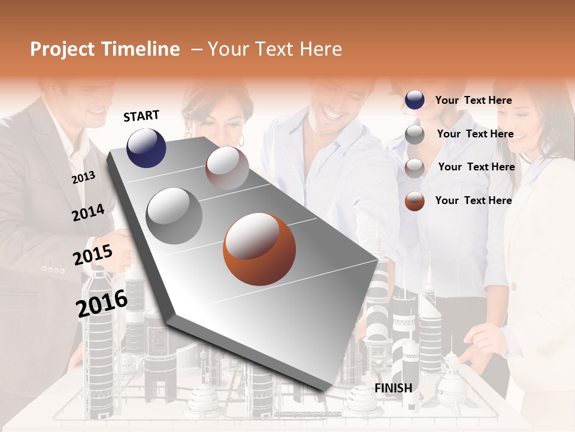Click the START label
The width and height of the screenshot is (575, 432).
click(141, 116)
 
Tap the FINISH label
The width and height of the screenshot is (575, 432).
click(393, 388)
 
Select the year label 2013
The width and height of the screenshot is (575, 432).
click(83, 178)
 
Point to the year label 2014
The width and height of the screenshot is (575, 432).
click(88, 212)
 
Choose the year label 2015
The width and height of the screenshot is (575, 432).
click(93, 255)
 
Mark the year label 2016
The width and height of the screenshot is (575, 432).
click(102, 303)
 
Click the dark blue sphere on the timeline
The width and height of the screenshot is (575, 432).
click(146, 148)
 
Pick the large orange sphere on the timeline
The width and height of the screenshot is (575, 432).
click(259, 249)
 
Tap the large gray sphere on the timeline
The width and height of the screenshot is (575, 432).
click(174, 216)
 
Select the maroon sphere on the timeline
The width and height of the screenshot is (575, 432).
click(227, 168)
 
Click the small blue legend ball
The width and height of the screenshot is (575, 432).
click(414, 100)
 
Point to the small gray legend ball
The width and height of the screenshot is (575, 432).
click(414, 134)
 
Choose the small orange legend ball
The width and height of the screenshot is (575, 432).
click(414, 201)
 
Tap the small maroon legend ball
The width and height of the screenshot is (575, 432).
click(414, 167)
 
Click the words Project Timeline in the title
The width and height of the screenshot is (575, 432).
click(105, 49)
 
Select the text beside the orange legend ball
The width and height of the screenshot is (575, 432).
click(473, 200)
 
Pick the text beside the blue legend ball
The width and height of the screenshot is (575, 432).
click(473, 100)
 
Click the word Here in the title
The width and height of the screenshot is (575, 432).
click(321, 49)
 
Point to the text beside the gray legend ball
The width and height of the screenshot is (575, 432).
click(475, 134)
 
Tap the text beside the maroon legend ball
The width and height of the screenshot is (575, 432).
click(476, 167)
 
